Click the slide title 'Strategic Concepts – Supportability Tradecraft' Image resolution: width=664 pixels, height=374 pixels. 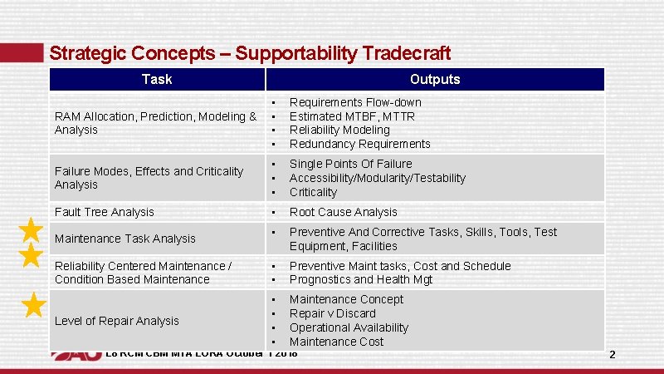[250, 54]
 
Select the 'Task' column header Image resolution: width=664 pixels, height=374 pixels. [157, 80]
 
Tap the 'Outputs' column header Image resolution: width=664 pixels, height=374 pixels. [435, 80]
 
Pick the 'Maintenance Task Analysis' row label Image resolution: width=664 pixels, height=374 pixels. [124, 239]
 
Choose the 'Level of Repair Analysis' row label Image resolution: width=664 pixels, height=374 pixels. [116, 321]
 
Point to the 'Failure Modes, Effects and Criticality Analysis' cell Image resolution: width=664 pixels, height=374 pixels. [149, 178]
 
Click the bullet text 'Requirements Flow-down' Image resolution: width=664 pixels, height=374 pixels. [355, 102]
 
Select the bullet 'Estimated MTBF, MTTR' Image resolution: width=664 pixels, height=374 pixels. [352, 116]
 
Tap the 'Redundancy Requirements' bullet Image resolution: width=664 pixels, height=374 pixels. [359, 145]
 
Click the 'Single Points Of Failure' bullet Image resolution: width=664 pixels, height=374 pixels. [350, 165]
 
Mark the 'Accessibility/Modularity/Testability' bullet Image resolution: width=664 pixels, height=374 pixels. [377, 179]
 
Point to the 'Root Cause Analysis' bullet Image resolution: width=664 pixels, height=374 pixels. [343, 213]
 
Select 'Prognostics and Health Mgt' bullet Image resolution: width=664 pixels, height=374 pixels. [360, 280]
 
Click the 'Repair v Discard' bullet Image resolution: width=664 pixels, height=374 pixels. [332, 314]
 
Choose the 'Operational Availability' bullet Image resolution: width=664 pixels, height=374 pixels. [349, 328]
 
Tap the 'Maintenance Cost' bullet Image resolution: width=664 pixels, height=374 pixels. [336, 342]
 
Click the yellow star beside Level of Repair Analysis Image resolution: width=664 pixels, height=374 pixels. [32, 305]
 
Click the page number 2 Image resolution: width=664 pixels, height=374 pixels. [613, 355]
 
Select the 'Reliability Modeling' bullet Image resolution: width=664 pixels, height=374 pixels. [339, 130]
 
